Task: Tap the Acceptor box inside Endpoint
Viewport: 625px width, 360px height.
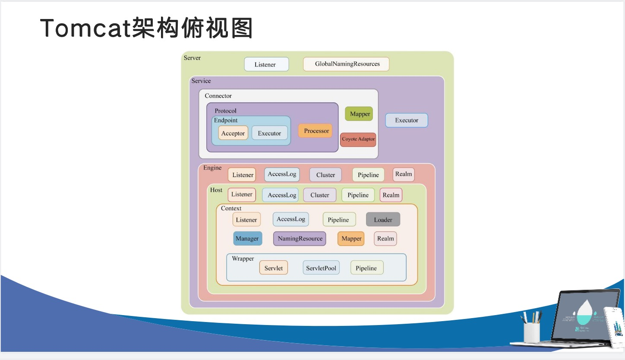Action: coord(233,133)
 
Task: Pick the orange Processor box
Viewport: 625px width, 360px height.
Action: coord(316,131)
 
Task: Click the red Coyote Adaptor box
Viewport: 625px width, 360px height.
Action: coord(358,139)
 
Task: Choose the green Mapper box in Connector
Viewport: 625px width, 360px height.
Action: coord(359,114)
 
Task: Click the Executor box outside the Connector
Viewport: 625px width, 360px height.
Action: coord(406,120)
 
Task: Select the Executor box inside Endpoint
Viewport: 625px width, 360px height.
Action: coord(269,133)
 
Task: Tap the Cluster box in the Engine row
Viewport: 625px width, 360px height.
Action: coord(325,175)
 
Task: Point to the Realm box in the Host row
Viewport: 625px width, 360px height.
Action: coord(391,195)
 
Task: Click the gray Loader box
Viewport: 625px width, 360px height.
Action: coord(383,220)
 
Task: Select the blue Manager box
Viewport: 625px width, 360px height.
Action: coord(247,238)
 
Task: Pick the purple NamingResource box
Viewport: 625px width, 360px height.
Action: coord(300,238)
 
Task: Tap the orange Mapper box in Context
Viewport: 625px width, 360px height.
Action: coord(351,238)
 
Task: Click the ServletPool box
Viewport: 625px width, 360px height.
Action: coord(321,268)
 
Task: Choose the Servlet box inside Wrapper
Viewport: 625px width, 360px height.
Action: coord(274,268)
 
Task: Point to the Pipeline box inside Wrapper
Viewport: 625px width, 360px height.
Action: coord(366,268)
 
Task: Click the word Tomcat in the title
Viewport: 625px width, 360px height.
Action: coord(85,29)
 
